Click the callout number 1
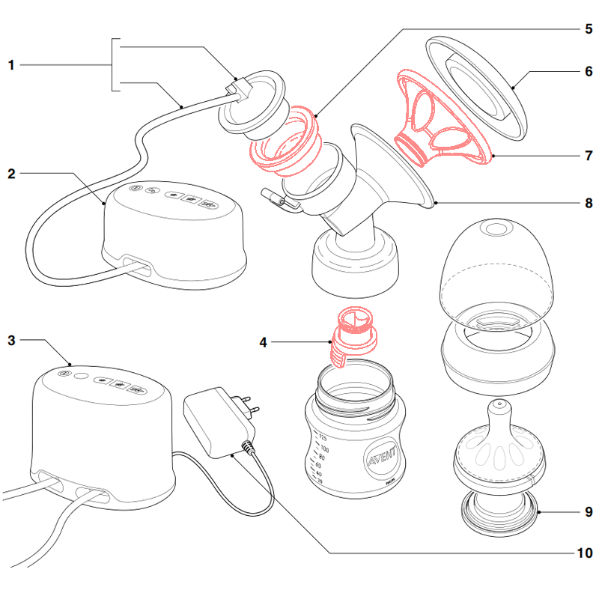click(11, 66)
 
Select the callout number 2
click(11, 174)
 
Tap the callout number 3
click(11, 340)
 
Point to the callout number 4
click(263, 343)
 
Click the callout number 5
click(588, 30)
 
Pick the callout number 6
click(588, 72)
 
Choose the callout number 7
click(588, 156)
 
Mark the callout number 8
click(588, 202)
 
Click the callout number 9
click(588, 512)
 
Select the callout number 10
click(585, 553)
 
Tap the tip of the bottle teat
click(497, 405)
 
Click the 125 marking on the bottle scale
click(323, 437)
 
